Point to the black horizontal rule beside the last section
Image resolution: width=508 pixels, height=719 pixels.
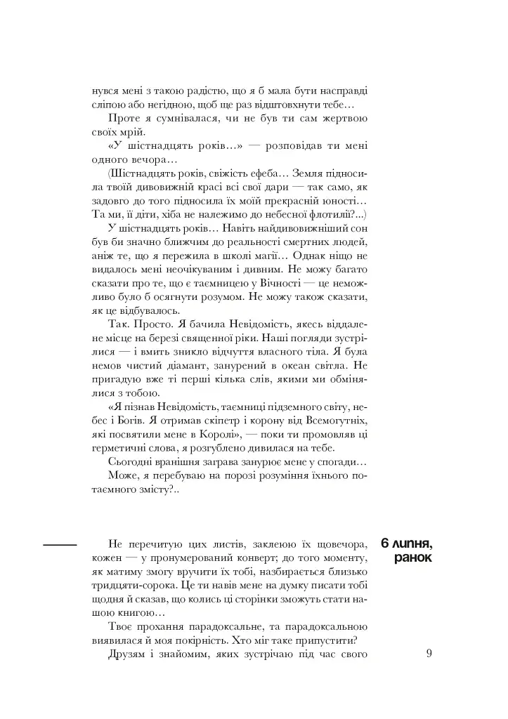point(60,544)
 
